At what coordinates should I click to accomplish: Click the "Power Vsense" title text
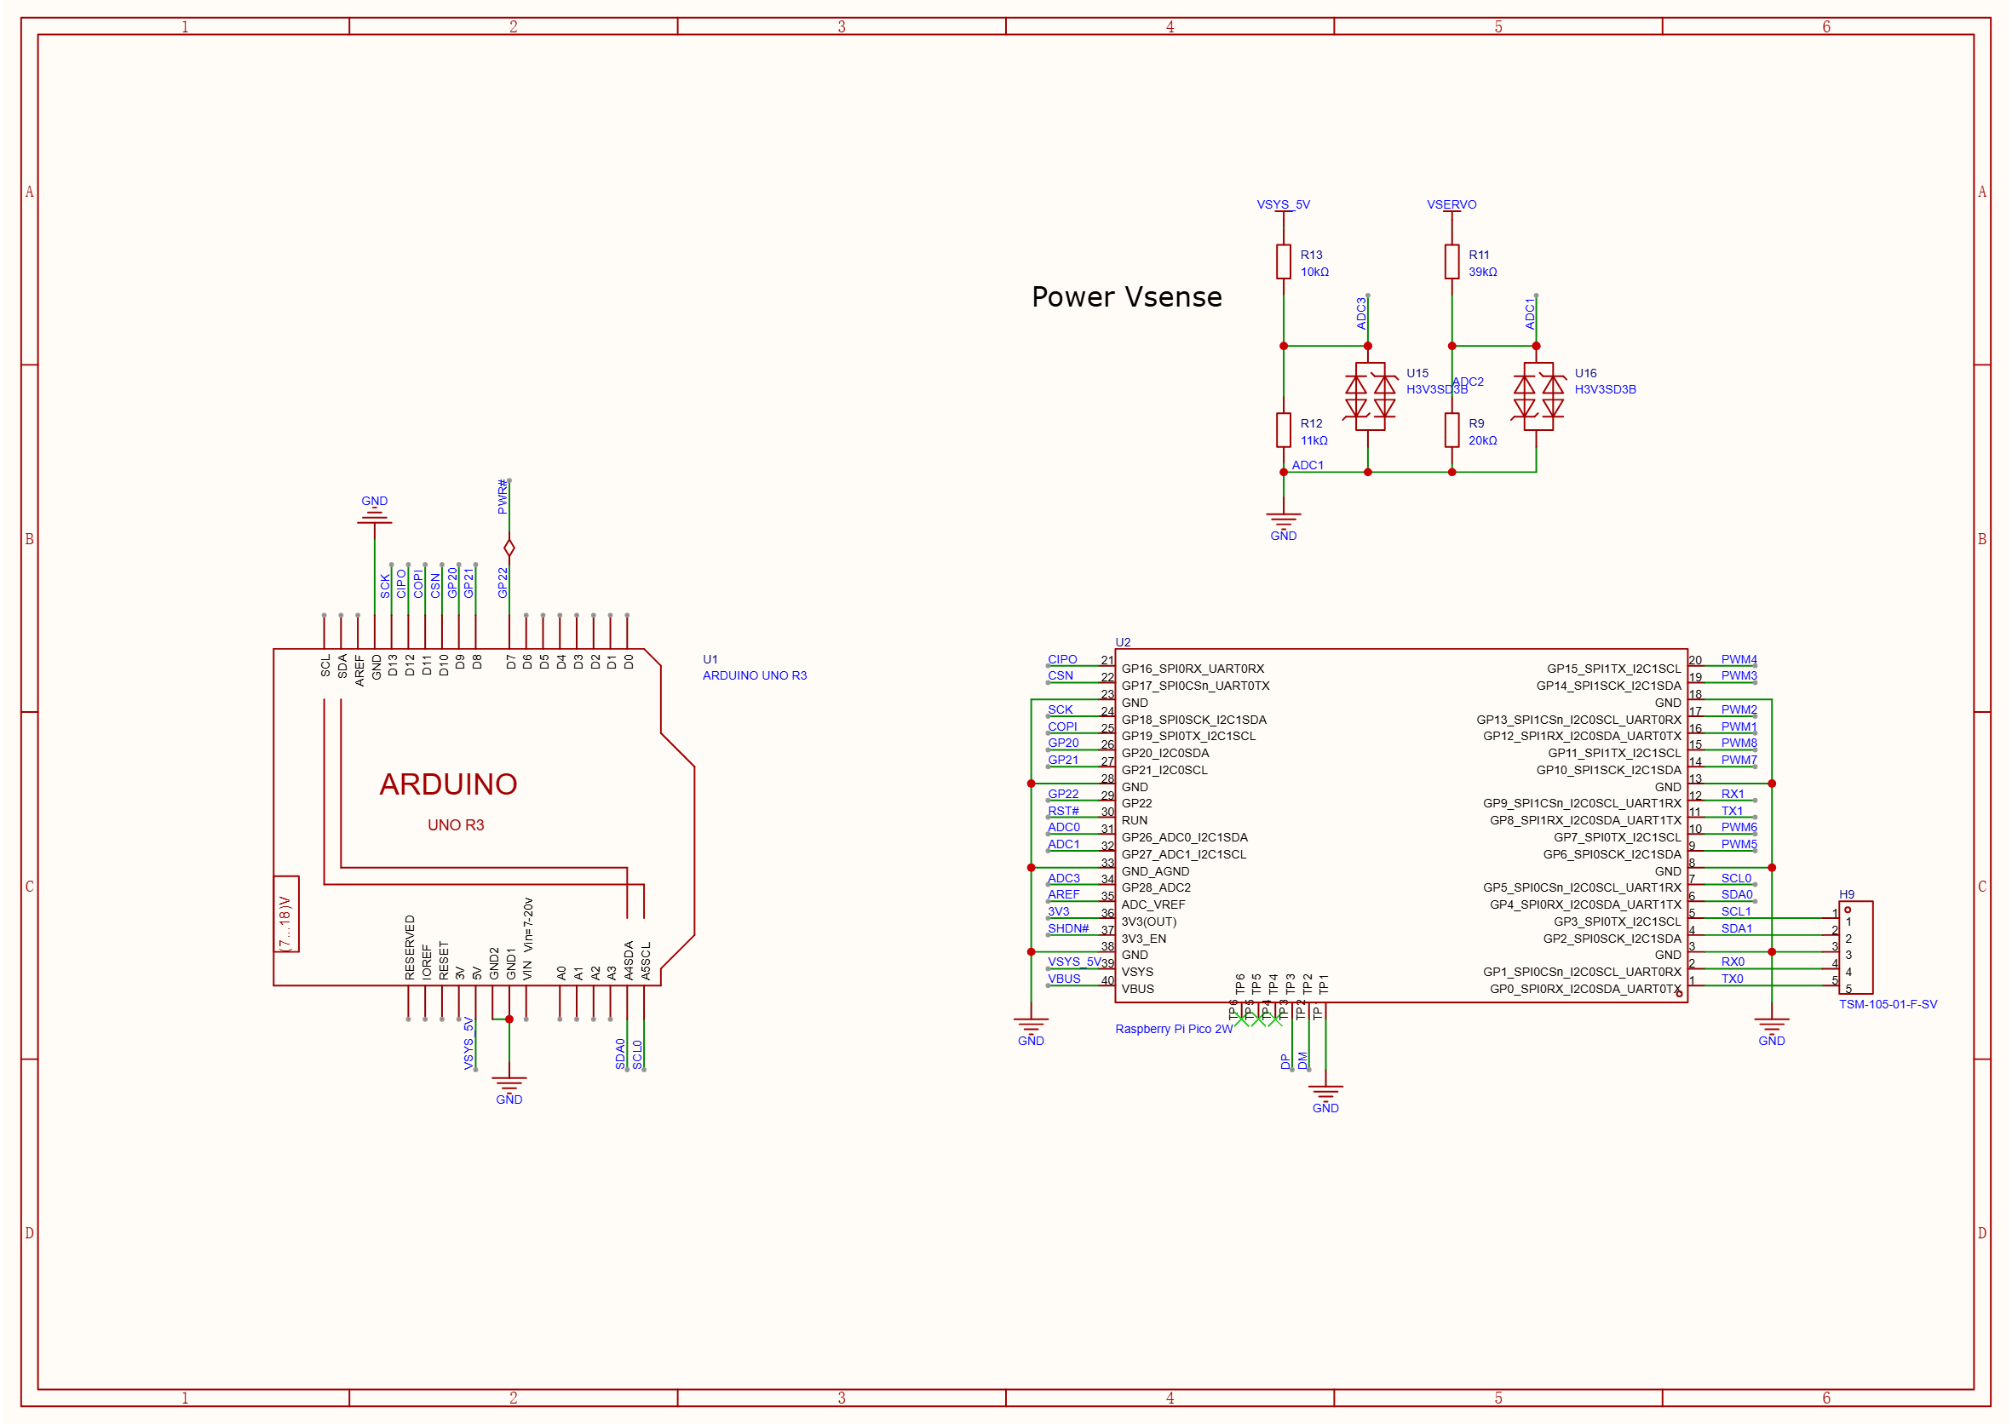pos(1126,297)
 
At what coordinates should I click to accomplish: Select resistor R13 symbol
pos(1283,262)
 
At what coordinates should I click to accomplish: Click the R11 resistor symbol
pos(1452,262)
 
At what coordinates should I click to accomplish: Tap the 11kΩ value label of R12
pos(1313,440)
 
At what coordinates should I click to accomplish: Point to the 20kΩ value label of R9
pos(1482,440)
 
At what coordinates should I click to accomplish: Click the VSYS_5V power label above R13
pos(1283,204)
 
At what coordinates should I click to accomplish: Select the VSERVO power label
pos(1452,204)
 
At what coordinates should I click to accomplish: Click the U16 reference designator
pos(1586,373)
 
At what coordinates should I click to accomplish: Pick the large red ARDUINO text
pos(448,784)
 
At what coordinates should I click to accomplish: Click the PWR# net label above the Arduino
pos(503,497)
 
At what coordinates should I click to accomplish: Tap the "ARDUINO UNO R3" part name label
pos(754,675)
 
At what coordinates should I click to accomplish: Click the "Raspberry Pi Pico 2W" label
pos(1174,1029)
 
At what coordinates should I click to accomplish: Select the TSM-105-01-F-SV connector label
pos(1888,1004)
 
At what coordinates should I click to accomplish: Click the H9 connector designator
pos(1846,894)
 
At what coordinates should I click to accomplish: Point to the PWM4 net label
pos(1739,659)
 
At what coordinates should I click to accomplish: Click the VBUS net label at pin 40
pos(1064,979)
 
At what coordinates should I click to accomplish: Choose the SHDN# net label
pos(1067,928)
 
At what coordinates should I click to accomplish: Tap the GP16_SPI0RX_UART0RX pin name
pos(1193,669)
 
